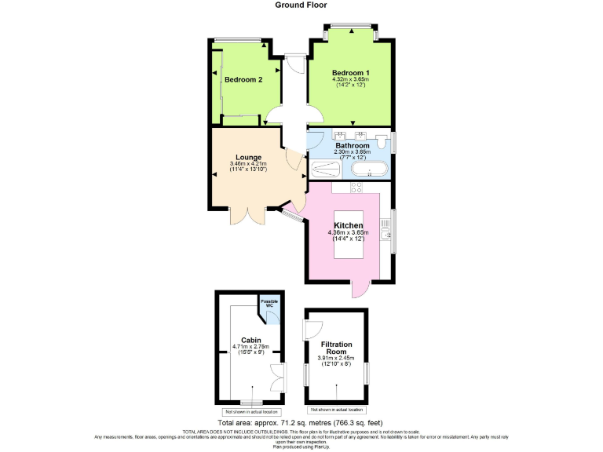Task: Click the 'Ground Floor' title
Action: point(301,5)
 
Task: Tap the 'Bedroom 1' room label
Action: point(350,73)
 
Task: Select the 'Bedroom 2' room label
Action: point(243,79)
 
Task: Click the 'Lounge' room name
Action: point(248,157)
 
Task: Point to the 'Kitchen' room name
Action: point(348,225)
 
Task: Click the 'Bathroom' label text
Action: point(353,145)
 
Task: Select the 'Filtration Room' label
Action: point(337,348)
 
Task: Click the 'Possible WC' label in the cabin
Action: point(269,303)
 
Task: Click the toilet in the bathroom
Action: point(381,142)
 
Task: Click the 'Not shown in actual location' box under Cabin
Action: point(250,411)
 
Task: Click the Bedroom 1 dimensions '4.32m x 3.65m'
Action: point(350,79)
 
